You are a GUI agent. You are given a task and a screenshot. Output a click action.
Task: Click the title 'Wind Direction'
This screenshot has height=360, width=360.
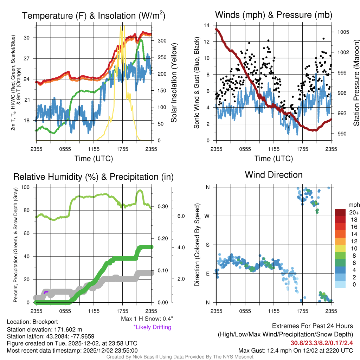tap(274, 175)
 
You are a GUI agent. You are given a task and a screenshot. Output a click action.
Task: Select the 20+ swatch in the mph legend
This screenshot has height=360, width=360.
tap(341, 213)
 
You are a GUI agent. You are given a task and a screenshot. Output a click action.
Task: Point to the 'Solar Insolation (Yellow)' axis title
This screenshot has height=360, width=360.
tap(174, 83)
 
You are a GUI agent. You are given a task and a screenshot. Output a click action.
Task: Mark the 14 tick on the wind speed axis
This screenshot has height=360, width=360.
tap(207, 25)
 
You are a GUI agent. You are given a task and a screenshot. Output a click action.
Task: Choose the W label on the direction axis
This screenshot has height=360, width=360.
tap(207, 216)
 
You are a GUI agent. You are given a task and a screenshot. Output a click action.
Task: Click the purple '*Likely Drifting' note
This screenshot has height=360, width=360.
tap(152, 327)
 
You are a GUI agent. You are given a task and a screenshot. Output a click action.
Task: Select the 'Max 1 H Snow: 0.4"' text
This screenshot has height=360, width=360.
tap(147, 319)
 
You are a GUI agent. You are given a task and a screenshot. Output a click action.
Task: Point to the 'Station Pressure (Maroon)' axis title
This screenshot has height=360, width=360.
tap(355, 83)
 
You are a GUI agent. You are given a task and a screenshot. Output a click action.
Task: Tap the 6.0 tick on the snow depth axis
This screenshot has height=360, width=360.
tap(181, 216)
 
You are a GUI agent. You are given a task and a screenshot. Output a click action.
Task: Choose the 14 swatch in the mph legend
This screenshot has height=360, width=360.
tap(341, 234)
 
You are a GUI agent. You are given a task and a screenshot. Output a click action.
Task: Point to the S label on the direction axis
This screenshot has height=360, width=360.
tap(207, 245)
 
